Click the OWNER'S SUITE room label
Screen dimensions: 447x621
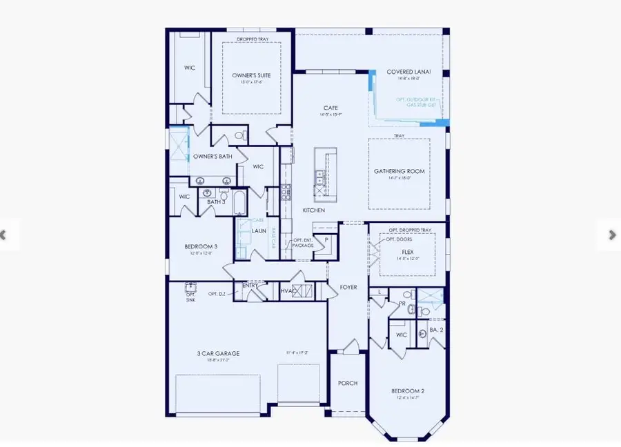point(253,74)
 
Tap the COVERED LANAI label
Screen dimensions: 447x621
point(408,72)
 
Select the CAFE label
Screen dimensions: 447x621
point(331,108)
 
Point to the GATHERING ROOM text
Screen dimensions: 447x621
point(400,171)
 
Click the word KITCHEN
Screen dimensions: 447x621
point(314,209)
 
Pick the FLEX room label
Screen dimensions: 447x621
point(407,252)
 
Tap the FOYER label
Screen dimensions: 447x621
point(348,287)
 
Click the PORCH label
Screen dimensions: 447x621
point(347,383)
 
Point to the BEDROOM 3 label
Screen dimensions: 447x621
point(201,246)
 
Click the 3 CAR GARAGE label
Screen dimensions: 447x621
point(217,353)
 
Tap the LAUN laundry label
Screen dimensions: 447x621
point(259,231)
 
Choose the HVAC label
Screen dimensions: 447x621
point(287,292)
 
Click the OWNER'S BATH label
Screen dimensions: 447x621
point(212,157)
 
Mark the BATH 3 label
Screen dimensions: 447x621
point(215,201)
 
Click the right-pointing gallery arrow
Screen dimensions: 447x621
point(612,235)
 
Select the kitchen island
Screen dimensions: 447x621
point(322,172)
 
